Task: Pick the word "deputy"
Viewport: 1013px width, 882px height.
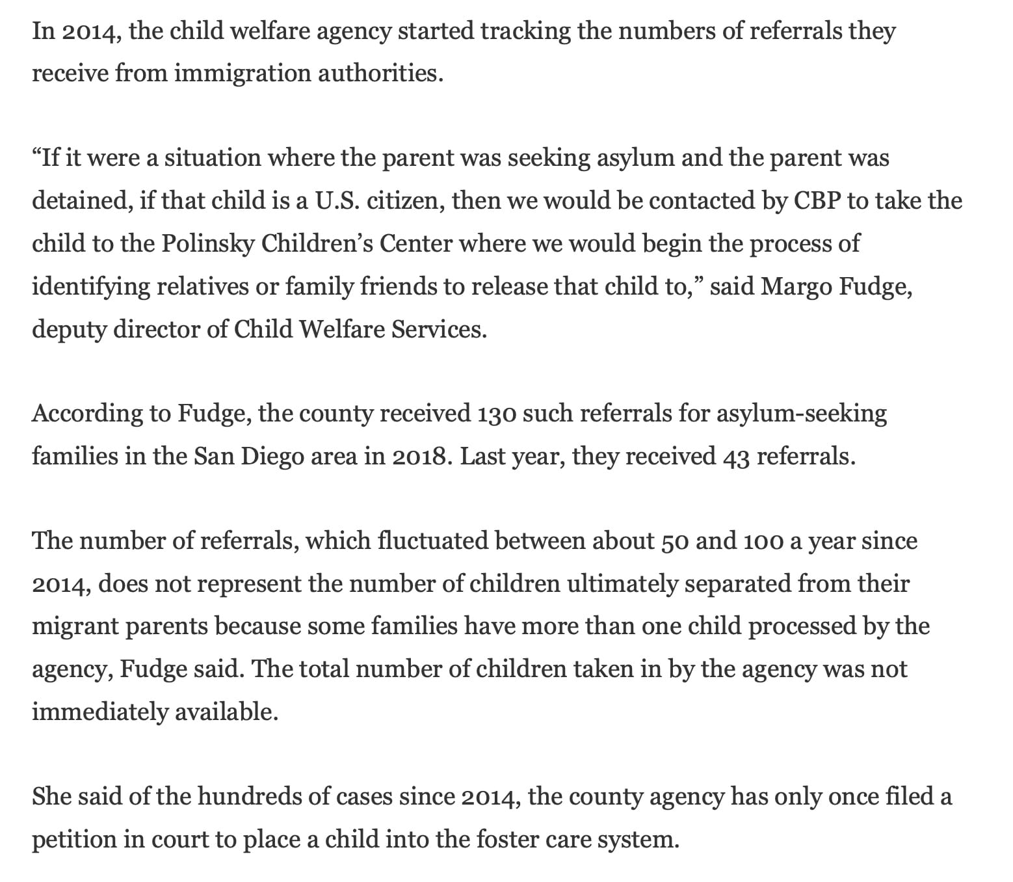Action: click(x=69, y=330)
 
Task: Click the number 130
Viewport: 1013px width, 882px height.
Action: click(x=497, y=414)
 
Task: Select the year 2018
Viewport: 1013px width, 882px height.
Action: click(x=420, y=457)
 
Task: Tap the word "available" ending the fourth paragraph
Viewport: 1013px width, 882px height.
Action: click(x=225, y=712)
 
